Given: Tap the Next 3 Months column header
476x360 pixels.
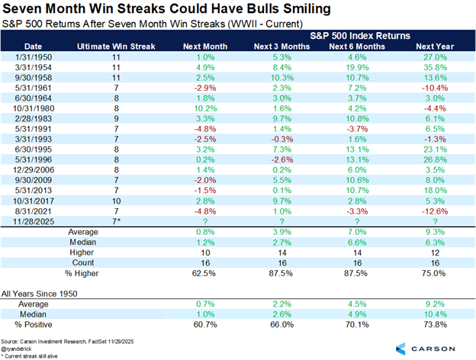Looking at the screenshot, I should [278, 47].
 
